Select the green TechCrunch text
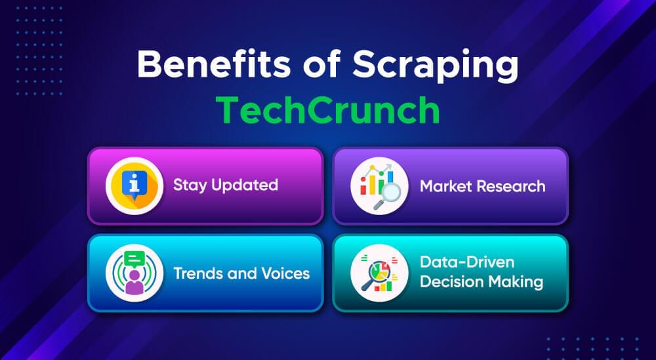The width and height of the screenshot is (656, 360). pos(328,110)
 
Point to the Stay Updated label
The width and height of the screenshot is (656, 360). pos(226,185)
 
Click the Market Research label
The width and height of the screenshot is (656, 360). pos(482,186)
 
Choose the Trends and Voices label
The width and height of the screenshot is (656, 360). pos(241,272)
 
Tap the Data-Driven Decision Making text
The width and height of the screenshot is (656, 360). pos(481,272)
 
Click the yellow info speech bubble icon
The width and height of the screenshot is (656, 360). pos(134,186)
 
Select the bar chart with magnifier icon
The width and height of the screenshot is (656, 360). pos(379,186)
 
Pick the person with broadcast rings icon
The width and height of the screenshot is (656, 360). pos(134,273)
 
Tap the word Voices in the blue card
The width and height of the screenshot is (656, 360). pos(284,272)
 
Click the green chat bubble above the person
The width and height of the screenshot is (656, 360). pos(134,258)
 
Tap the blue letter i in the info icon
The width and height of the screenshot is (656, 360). pos(134,183)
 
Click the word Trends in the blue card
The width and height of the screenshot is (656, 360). pos(195,272)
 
